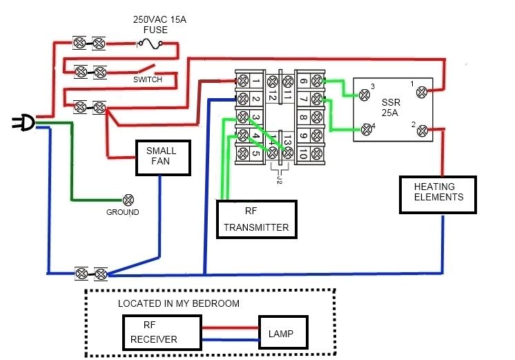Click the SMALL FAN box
pos(161,157)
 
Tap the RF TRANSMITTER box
pos(256,220)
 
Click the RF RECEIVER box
pos(162,332)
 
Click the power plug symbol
pos(23,123)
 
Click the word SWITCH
pos(148,79)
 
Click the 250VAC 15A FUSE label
pos(159,26)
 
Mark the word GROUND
pos(123,212)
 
